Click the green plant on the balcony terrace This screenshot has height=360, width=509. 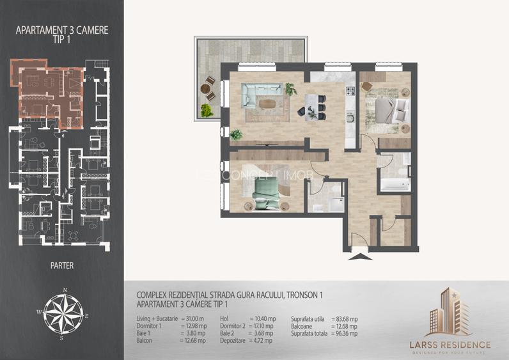point(206,110)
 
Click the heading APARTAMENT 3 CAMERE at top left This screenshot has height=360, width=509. point(61,29)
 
